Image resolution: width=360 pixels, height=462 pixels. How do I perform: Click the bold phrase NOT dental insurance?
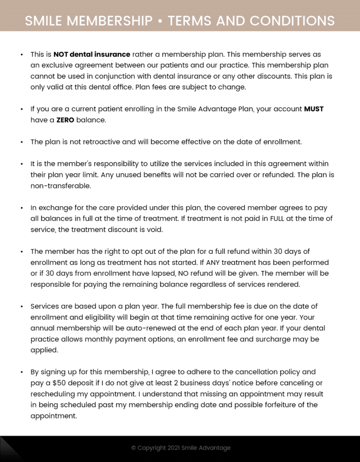tap(92, 54)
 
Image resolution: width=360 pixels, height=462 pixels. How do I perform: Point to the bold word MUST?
tap(314, 109)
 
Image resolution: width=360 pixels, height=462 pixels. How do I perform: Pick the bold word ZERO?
tap(65, 120)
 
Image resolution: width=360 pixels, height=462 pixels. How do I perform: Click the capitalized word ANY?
tap(214, 262)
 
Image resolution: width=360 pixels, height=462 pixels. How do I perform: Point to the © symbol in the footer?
tap(134, 448)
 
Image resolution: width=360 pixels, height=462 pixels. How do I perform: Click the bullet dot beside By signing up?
tap(22, 372)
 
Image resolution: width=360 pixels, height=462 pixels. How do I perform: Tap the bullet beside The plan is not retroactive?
tap(22, 142)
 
